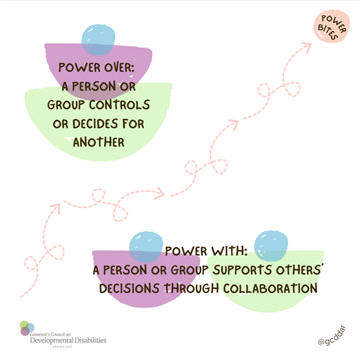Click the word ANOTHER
pos(91,143)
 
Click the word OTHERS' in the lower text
pos(291,270)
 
